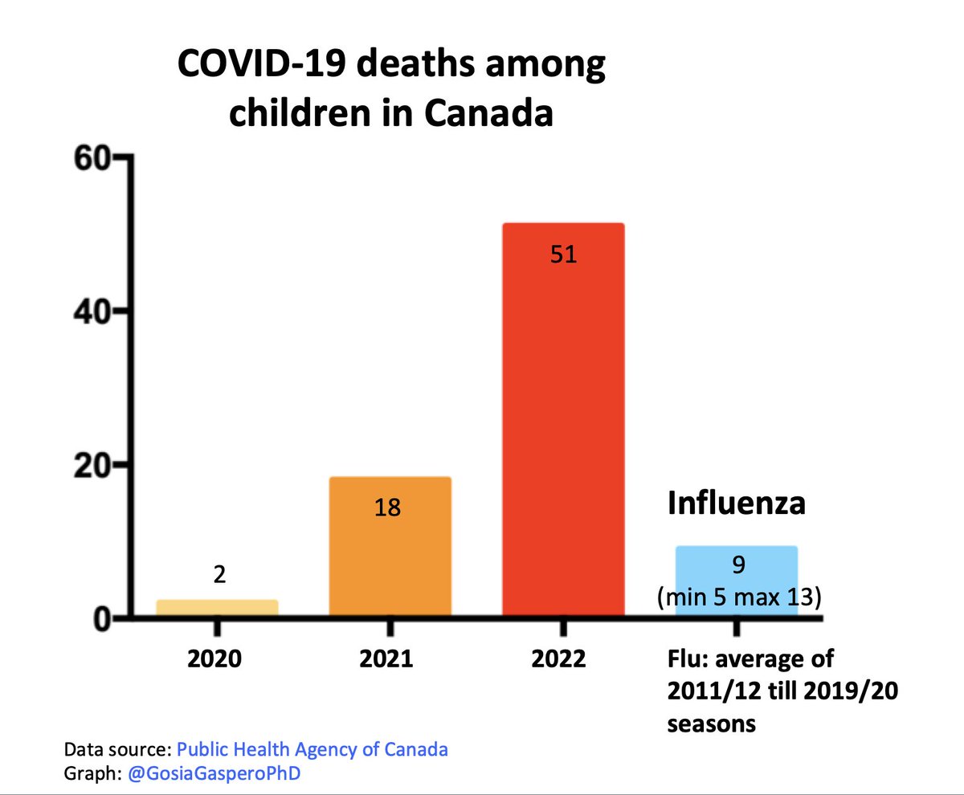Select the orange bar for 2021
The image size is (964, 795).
(390, 554)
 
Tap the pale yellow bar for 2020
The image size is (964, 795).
(217, 608)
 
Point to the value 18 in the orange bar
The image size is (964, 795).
(388, 508)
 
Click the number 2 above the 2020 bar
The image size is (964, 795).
(219, 575)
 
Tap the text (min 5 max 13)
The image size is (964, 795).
(738, 597)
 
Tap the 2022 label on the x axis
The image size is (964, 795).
(559, 659)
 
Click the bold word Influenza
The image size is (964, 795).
(737, 504)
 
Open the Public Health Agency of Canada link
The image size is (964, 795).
(312, 750)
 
